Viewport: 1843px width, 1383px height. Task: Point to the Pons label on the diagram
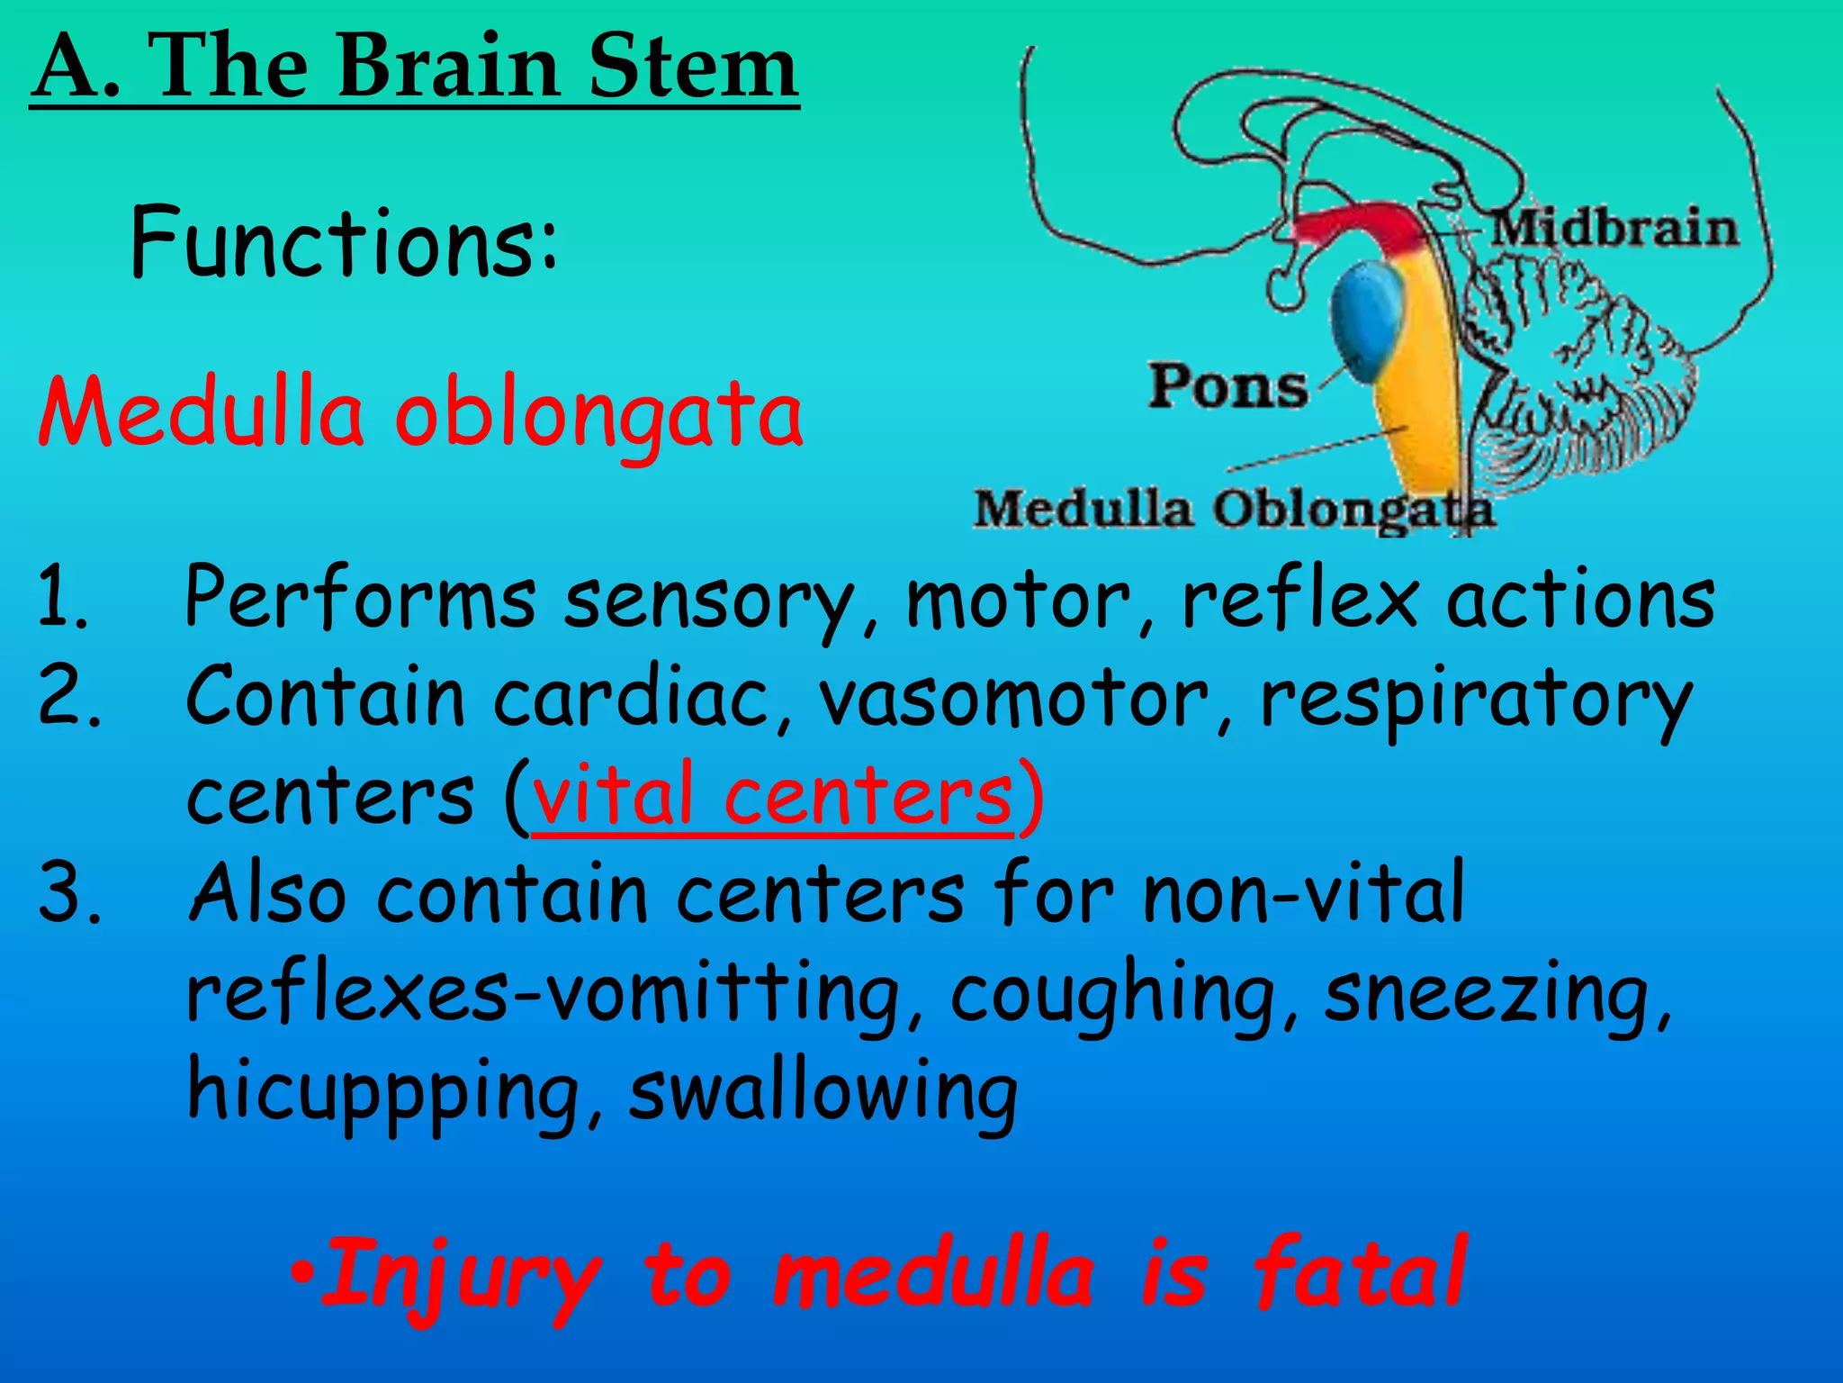[x=1227, y=387]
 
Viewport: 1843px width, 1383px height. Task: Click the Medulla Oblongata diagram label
[x=1233, y=509]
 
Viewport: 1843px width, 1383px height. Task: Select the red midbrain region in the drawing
[x=1359, y=225]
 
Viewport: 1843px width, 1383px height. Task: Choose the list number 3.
[x=67, y=894]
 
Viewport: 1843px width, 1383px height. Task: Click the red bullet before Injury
[x=304, y=1274]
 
